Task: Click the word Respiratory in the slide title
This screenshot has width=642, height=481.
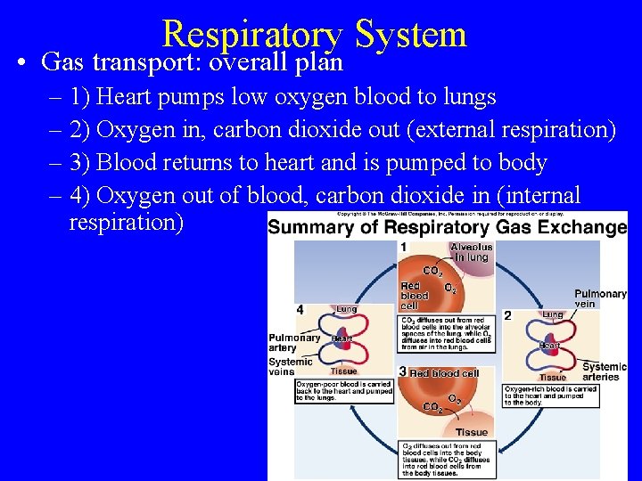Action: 252,34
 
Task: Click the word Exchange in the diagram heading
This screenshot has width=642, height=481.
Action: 580,227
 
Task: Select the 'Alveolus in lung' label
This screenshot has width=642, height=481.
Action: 471,252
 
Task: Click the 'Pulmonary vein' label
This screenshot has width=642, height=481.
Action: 600,299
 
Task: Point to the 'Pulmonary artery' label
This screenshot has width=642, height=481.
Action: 294,343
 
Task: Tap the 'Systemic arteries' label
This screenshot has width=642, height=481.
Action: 605,371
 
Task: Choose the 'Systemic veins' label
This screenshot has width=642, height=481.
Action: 291,367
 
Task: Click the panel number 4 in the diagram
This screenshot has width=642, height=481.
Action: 300,309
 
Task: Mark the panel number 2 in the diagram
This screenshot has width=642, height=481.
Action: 507,315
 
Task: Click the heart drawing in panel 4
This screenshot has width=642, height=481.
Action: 342,338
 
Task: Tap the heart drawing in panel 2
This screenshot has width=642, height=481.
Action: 550,345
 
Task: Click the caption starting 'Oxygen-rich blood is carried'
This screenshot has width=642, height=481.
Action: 550,395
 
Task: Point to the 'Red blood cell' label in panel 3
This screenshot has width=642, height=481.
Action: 443,373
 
